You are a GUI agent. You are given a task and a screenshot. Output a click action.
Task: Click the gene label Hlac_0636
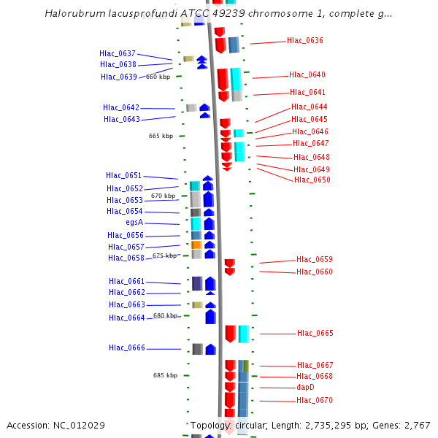(304, 41)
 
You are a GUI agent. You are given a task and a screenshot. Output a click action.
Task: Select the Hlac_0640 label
(307, 75)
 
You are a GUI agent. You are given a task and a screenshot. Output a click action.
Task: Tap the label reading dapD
(305, 388)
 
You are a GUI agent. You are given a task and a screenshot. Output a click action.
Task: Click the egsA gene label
(134, 223)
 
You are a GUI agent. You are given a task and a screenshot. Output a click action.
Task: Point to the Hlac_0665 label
(315, 334)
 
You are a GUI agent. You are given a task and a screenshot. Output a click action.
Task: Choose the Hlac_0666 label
(127, 348)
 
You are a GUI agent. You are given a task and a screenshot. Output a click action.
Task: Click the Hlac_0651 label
(123, 176)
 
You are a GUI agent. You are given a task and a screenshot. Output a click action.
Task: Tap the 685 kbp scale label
(165, 375)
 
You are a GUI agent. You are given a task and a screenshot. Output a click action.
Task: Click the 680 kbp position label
(165, 315)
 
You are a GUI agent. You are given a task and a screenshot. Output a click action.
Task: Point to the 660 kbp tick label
(158, 77)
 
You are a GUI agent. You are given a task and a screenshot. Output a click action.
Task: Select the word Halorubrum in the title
(72, 13)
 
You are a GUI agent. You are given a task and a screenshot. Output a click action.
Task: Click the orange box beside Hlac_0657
(196, 245)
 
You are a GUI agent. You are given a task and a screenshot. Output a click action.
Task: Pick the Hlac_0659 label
(314, 260)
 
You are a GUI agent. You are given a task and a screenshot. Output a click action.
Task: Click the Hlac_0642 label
(121, 108)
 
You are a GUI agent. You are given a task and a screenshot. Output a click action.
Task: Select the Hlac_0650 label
(312, 180)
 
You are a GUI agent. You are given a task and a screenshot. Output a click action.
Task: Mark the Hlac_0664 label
(127, 318)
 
